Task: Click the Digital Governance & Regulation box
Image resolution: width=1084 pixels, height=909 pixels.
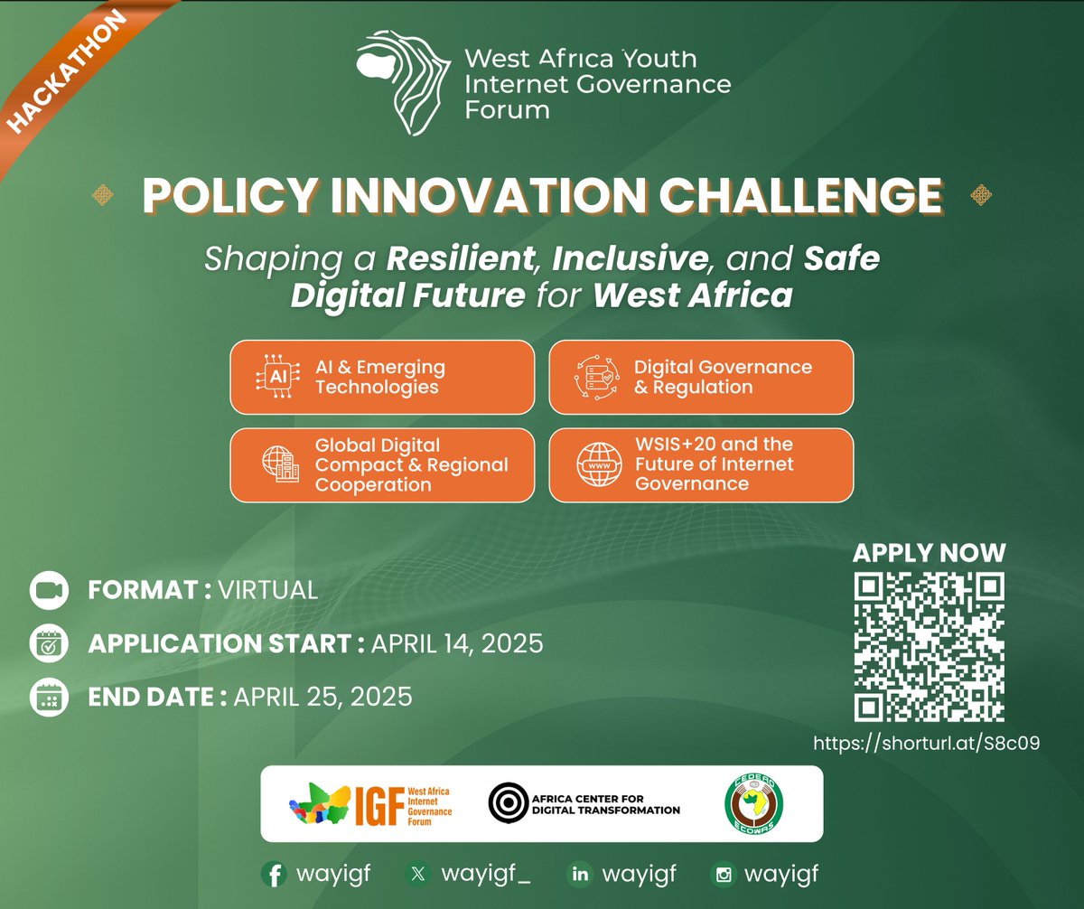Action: click(x=701, y=377)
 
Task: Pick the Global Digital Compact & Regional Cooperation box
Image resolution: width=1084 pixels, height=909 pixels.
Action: click(x=382, y=464)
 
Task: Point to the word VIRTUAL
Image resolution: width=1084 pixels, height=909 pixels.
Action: click(x=268, y=591)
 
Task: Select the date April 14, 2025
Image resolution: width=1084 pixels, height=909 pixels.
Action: click(x=456, y=644)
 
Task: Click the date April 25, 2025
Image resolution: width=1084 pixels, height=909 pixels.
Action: click(x=323, y=697)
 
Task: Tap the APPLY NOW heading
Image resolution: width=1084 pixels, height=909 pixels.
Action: click(x=929, y=553)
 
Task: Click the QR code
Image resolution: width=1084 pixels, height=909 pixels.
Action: click(x=929, y=647)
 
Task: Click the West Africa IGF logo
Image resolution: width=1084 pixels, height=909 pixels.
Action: click(x=370, y=803)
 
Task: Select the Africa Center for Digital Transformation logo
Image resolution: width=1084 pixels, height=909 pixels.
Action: click(x=584, y=803)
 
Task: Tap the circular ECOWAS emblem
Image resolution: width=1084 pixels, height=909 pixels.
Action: click(x=754, y=803)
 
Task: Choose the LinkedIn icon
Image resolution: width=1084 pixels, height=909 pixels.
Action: click(x=578, y=875)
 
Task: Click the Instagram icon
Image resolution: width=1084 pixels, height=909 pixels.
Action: click(x=724, y=875)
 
